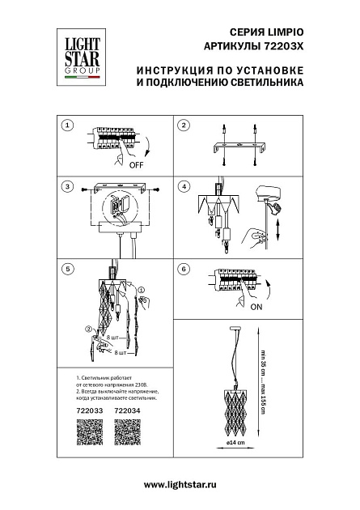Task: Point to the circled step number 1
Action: [x=69, y=125]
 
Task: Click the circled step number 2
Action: [x=184, y=125]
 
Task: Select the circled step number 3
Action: [x=69, y=186]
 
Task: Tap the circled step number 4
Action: [x=184, y=186]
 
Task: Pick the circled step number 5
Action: [x=69, y=268]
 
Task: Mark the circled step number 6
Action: [x=184, y=268]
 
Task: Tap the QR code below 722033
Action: [x=75, y=434]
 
